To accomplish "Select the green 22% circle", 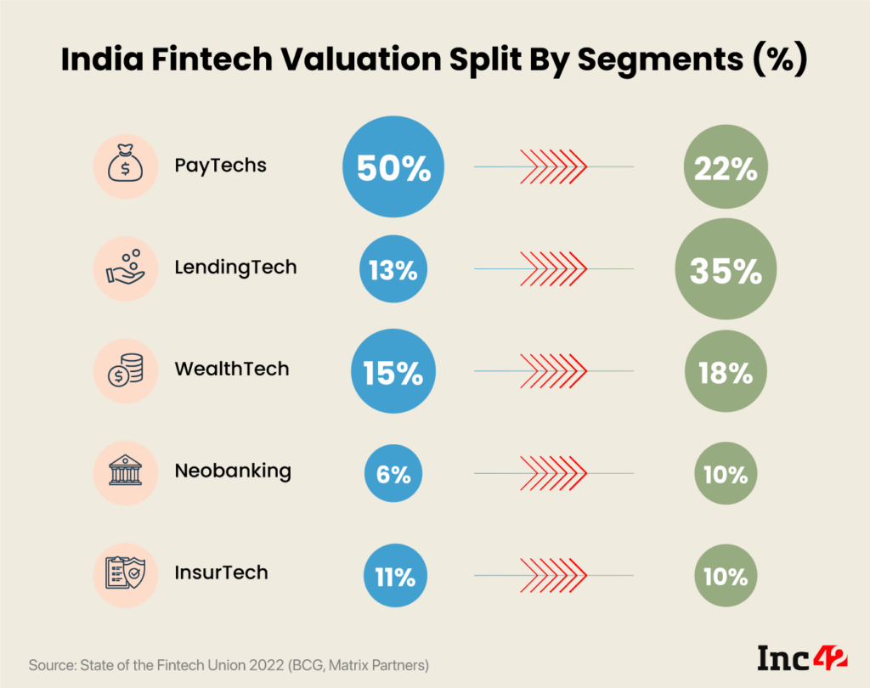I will pyautogui.click(x=725, y=169).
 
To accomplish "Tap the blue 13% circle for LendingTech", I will pyautogui.click(x=393, y=271).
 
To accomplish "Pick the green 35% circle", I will pyautogui.click(x=725, y=271).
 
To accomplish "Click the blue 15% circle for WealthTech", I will pyautogui.click(x=393, y=373).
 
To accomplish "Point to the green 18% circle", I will pyautogui.click(x=725, y=373).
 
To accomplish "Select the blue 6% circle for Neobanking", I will pyautogui.click(x=393, y=475).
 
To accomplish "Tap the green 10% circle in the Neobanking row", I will pyautogui.click(x=725, y=475).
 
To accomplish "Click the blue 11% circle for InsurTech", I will pyautogui.click(x=393, y=577).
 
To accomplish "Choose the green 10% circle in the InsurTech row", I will pyautogui.click(x=725, y=577).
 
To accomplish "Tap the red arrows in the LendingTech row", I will pyautogui.click(x=553, y=269).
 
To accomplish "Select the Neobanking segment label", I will pyautogui.click(x=232, y=471).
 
